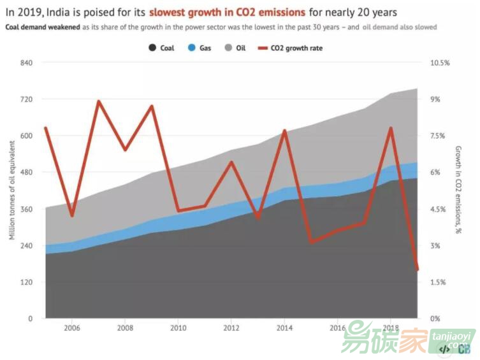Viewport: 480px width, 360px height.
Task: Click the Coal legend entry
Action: pyautogui.click(x=161, y=48)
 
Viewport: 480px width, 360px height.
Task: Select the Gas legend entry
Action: pyautogui.click(x=200, y=48)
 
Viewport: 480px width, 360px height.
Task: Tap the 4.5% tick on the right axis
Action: pyautogui.click(x=440, y=209)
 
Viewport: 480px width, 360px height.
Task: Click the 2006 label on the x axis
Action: pyautogui.click(x=71, y=328)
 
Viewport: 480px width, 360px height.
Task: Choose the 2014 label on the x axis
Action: pyautogui.click(x=284, y=328)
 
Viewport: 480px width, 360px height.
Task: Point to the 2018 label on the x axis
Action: pyautogui.click(x=391, y=328)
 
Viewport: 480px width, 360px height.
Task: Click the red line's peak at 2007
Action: pyautogui.click(x=98, y=101)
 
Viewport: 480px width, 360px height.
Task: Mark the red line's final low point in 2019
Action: pyautogui.click(x=418, y=270)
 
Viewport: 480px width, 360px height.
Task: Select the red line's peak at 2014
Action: pyautogui.click(x=285, y=131)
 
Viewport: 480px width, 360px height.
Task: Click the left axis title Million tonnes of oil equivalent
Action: pyautogui.click(x=11, y=191)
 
